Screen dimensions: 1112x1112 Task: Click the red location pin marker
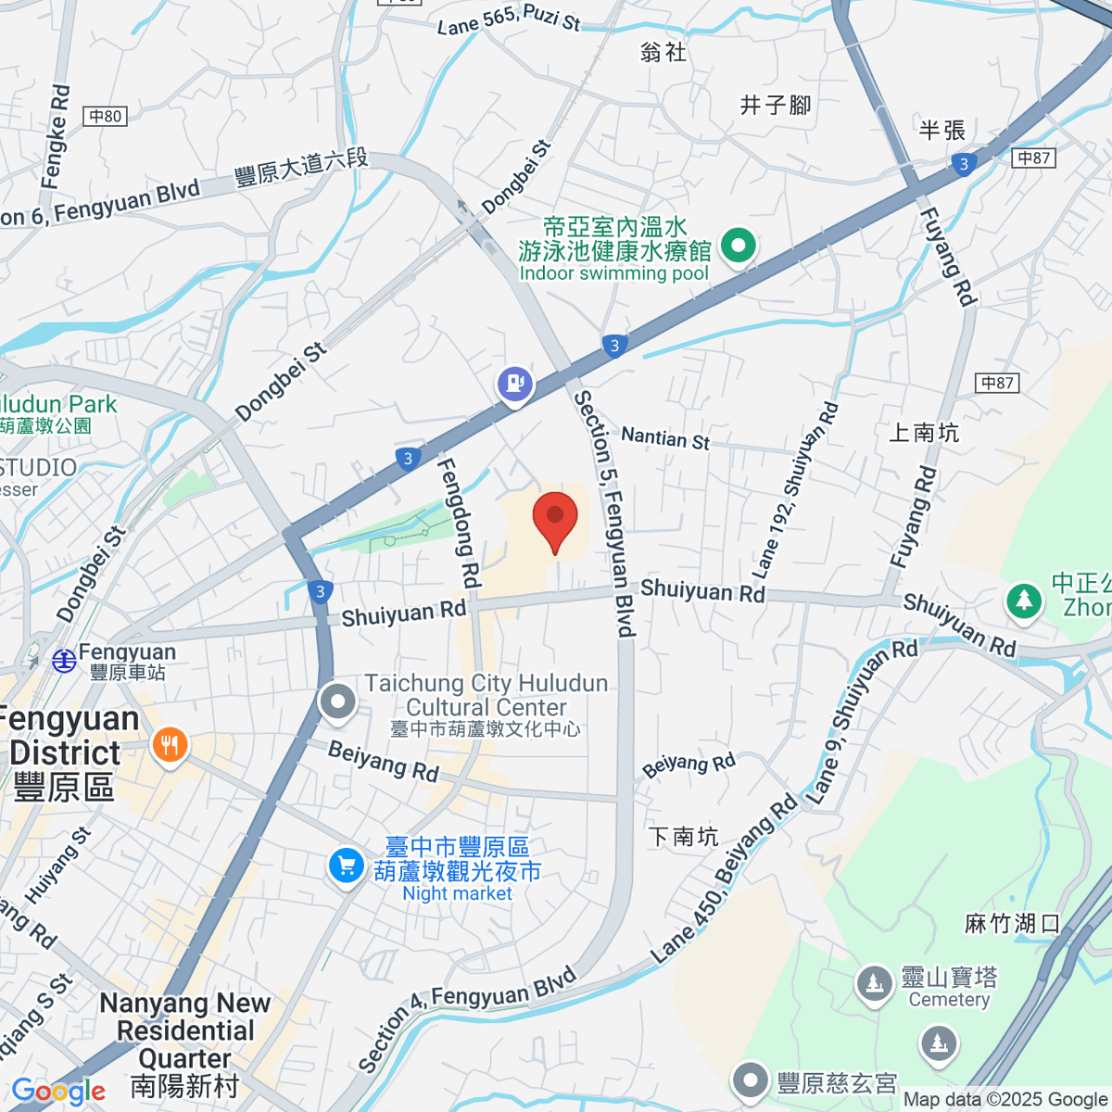coord(555,519)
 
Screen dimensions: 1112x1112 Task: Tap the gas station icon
coord(514,383)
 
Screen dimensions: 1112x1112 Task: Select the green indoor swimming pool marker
coord(739,247)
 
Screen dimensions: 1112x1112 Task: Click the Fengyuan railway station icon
coord(64,661)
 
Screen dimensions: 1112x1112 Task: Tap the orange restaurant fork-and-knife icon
coord(170,744)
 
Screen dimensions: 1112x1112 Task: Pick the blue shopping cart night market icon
coord(346,866)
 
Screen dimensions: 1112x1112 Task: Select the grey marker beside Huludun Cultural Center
coord(337,701)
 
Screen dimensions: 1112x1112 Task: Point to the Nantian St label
coord(664,437)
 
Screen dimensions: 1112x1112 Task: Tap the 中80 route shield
coord(105,117)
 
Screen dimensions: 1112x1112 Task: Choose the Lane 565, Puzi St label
coord(508,19)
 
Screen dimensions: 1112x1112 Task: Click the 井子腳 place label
coord(775,105)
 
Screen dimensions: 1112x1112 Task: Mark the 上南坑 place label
coord(923,432)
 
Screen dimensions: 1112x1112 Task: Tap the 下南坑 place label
coord(683,836)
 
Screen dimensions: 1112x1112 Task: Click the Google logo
coord(58,1091)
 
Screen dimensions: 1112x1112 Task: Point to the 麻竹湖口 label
coord(1012,923)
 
